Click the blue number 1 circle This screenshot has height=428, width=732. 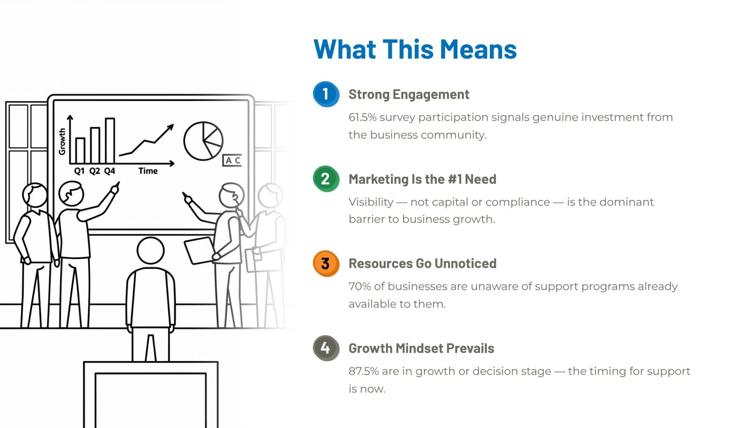point(326,94)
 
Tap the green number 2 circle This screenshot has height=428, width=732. point(326,179)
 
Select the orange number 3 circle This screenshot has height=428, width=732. point(326,263)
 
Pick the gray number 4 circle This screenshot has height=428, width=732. point(326,348)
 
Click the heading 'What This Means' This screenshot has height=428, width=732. point(415,49)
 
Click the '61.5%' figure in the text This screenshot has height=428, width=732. point(362,117)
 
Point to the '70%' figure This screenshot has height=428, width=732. point(360,286)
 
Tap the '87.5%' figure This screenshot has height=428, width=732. point(364,371)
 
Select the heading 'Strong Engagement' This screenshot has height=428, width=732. point(409,95)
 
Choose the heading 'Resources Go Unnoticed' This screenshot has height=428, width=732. point(422,264)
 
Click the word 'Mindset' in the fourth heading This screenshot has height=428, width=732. point(419,348)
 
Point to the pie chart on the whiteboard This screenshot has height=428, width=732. point(203,141)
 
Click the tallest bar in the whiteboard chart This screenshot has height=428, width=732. point(110,141)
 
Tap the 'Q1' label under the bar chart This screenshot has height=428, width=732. point(79,171)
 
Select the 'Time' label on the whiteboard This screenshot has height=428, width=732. point(148,171)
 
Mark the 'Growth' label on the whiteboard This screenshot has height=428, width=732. point(62,141)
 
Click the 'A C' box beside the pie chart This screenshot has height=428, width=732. point(232,160)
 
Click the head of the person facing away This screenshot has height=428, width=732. point(151,251)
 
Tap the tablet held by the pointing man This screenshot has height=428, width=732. point(199,250)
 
